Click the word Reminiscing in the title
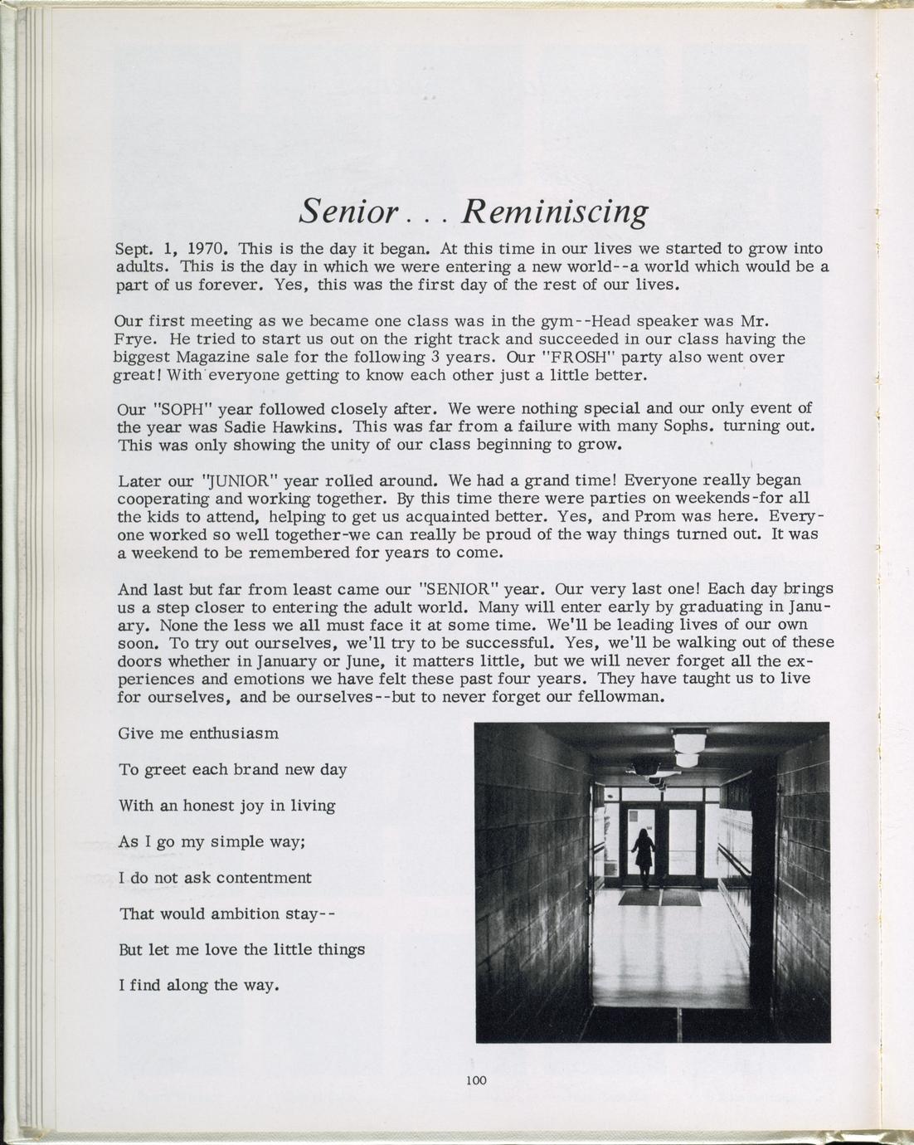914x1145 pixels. pyautogui.click(x=554, y=212)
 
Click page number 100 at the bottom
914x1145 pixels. pyautogui.click(x=476, y=1080)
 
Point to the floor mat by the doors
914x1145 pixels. pyautogui.click(x=660, y=898)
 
